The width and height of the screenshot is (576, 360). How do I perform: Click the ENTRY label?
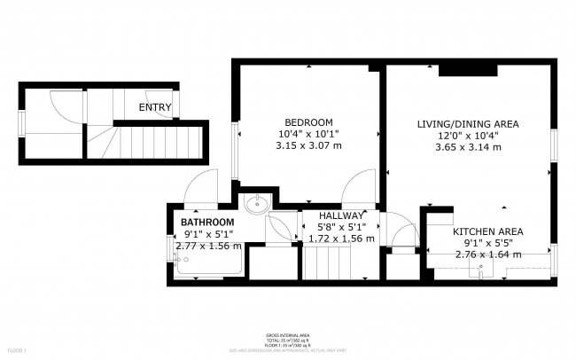point(155,107)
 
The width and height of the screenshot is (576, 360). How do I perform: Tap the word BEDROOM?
point(307,121)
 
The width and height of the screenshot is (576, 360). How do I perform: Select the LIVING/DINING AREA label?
point(468,123)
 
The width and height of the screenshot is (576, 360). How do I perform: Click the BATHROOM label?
point(207,222)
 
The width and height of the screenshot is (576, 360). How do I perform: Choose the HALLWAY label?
point(341,215)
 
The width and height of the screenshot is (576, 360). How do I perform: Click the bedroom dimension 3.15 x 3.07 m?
point(307,145)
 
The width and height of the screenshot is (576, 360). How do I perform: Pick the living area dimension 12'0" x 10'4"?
point(468,136)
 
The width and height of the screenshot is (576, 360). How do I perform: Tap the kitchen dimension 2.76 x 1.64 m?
point(487,254)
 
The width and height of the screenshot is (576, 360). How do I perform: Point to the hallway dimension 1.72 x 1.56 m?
point(341,239)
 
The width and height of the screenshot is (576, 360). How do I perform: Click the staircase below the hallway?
point(330,263)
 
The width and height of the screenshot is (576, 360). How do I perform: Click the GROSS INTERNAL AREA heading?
point(287,334)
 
